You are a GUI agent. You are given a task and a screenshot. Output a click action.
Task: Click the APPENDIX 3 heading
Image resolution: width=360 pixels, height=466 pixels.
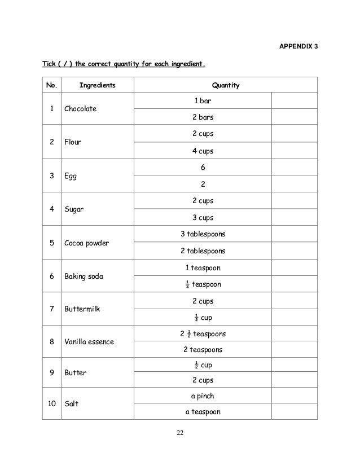click(x=298, y=45)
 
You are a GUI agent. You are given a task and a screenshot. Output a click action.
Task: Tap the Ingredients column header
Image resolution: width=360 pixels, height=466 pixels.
click(x=97, y=86)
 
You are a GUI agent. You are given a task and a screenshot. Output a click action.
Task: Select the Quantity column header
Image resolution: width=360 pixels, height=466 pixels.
click(x=226, y=86)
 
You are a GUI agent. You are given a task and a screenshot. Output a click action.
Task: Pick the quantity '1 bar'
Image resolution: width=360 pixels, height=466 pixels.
click(x=203, y=101)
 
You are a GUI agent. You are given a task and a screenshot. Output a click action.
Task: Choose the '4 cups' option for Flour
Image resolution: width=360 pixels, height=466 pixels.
click(x=203, y=151)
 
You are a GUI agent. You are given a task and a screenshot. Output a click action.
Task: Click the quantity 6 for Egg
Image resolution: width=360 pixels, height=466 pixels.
click(x=203, y=168)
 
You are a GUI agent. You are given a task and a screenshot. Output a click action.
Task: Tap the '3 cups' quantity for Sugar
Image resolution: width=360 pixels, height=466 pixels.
click(x=203, y=217)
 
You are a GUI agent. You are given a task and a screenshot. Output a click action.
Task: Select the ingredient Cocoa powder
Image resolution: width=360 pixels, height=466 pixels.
click(x=86, y=243)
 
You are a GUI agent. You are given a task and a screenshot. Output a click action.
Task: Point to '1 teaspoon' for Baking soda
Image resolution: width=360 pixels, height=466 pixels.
click(x=203, y=267)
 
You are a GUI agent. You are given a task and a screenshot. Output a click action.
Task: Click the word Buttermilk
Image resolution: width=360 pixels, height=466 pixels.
click(x=82, y=309)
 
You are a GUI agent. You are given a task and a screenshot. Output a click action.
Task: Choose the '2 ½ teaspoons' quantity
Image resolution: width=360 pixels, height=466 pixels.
click(x=203, y=333)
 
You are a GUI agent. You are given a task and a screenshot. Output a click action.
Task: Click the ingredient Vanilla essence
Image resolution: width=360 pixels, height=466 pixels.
click(x=89, y=342)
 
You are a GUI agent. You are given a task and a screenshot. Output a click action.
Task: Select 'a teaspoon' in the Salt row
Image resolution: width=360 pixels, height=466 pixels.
click(x=203, y=412)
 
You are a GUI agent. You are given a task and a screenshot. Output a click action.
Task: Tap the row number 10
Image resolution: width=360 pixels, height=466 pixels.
click(x=51, y=404)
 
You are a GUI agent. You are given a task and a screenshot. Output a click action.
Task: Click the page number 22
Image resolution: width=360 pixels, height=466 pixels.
click(x=180, y=433)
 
